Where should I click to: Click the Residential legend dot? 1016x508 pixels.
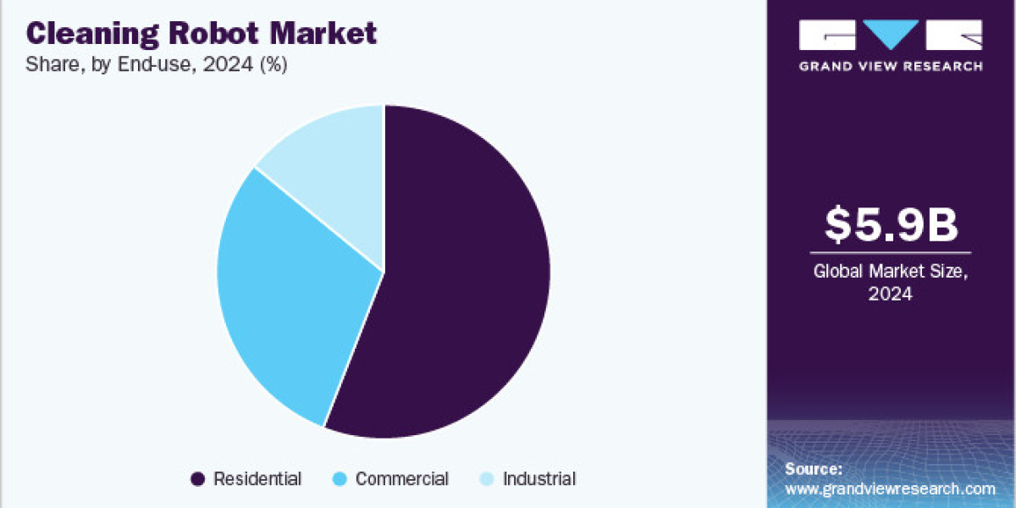[197, 479]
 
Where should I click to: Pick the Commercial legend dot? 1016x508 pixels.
[340, 479]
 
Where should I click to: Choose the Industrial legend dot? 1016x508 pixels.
[487, 479]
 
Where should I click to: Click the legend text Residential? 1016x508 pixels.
[257, 479]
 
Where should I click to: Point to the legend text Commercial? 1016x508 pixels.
[401, 479]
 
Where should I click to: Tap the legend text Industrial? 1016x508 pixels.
[539, 479]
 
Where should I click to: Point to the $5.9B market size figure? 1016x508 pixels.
[891, 225]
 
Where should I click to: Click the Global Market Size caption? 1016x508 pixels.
[891, 273]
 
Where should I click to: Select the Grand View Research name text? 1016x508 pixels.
[891, 65]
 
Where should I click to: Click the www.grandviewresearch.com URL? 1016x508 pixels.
[890, 489]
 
